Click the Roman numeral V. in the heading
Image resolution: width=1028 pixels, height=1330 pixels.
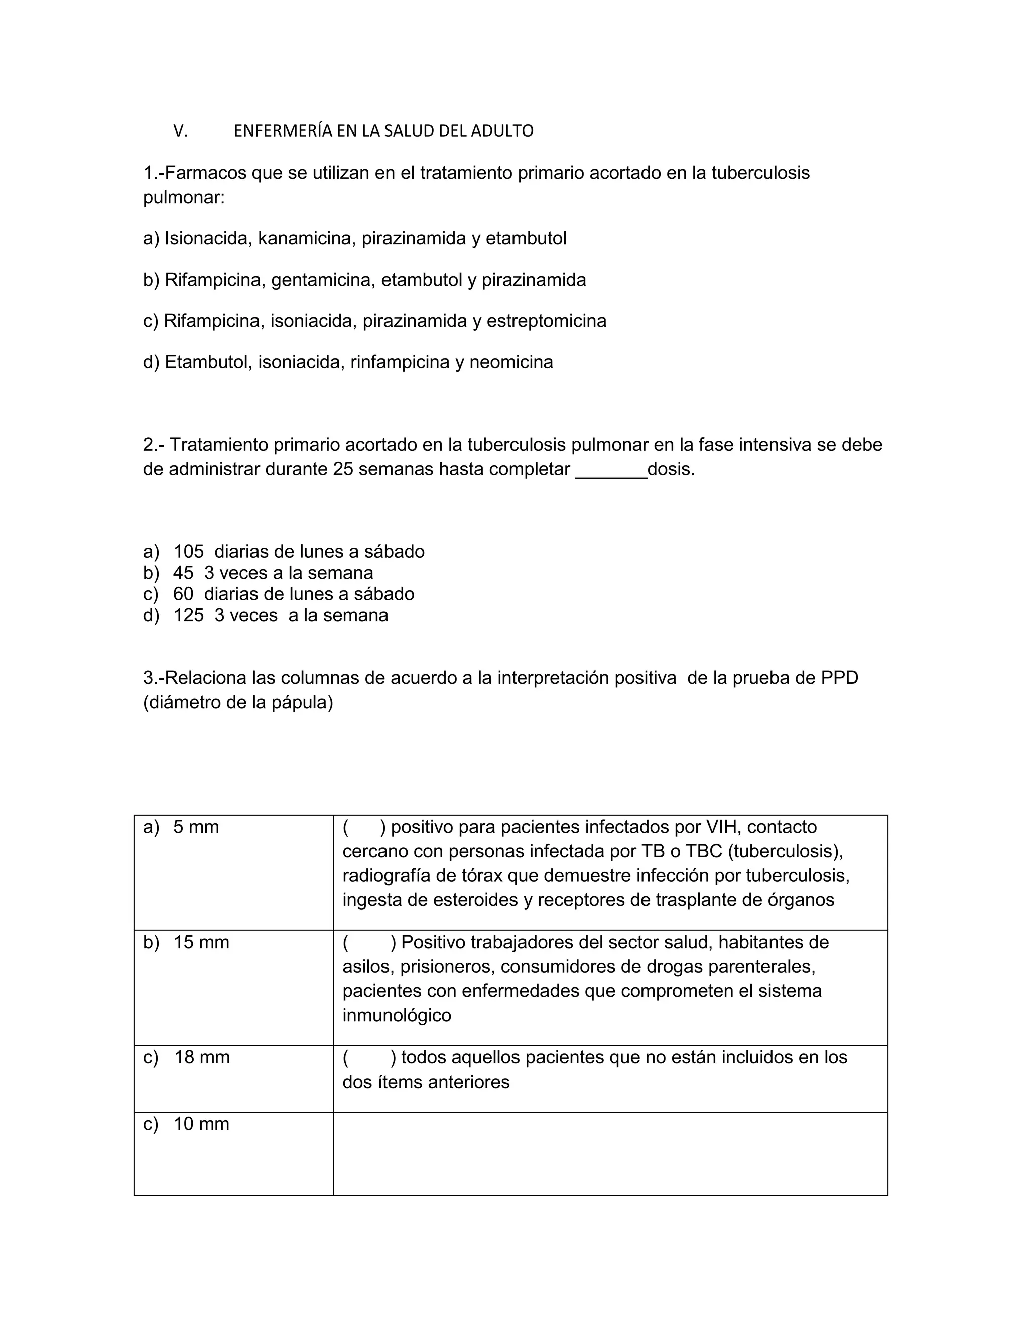180,131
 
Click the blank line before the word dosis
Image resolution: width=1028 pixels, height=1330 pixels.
611,470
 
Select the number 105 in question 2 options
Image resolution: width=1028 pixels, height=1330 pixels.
188,552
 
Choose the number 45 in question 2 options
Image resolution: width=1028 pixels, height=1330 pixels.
183,573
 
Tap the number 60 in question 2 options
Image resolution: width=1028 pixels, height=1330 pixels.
183,594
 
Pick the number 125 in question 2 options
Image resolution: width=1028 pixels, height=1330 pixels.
188,616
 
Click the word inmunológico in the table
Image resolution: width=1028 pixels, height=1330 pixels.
397,1015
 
